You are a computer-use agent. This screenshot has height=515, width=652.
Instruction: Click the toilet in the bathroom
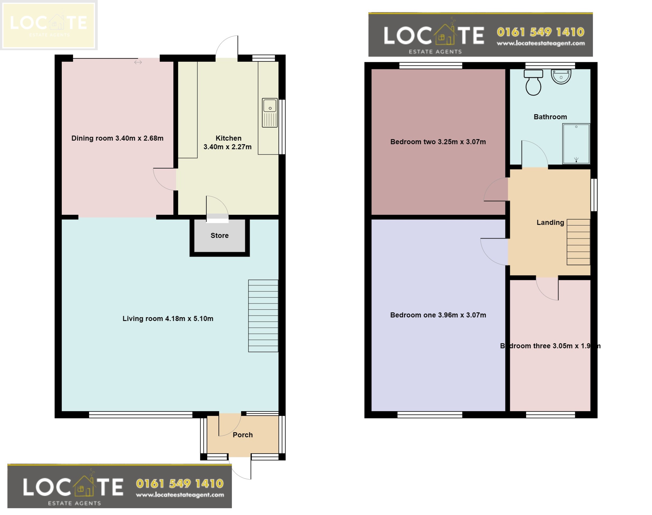click(x=533, y=83)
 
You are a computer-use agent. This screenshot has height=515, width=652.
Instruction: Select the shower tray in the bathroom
click(x=576, y=144)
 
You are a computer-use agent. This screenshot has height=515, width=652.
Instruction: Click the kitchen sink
click(x=270, y=113)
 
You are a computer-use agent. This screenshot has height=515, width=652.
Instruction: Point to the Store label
click(x=219, y=236)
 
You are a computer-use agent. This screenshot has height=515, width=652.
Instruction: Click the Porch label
click(x=243, y=435)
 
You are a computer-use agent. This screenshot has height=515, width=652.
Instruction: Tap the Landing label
click(x=550, y=223)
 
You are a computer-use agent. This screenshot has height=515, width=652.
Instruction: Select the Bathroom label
click(x=550, y=117)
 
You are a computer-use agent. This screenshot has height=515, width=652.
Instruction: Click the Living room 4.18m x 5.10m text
click(x=168, y=319)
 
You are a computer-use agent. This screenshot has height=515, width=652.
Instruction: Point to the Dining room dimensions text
click(x=117, y=138)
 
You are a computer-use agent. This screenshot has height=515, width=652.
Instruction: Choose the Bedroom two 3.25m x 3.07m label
click(x=438, y=142)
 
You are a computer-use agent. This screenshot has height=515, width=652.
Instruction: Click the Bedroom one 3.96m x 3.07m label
click(x=438, y=315)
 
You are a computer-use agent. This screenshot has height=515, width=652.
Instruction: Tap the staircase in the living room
click(x=263, y=316)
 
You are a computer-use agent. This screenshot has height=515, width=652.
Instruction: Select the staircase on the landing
click(x=578, y=242)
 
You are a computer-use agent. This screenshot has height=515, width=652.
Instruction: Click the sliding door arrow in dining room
click(x=138, y=62)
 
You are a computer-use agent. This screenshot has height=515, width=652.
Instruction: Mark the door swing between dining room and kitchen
click(x=165, y=179)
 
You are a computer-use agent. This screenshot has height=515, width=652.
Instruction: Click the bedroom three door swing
click(x=547, y=289)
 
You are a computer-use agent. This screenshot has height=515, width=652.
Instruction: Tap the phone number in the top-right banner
click(x=540, y=32)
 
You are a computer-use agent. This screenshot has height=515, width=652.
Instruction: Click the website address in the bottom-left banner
click(x=180, y=495)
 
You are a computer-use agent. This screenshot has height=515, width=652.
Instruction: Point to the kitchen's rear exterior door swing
click(x=227, y=47)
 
